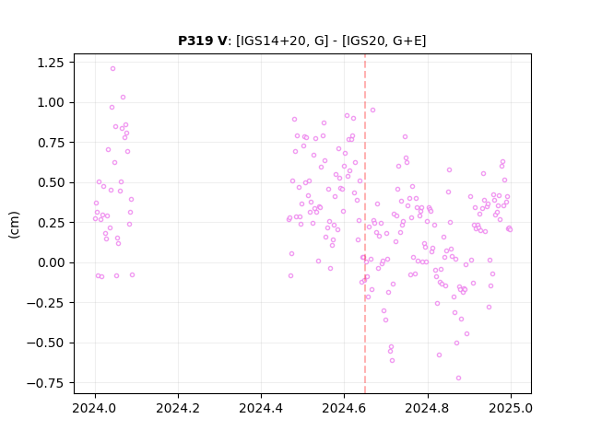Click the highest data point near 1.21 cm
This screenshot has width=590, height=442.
(x=112, y=69)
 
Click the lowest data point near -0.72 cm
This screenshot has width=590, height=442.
(x=458, y=378)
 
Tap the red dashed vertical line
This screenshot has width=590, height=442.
(x=365, y=224)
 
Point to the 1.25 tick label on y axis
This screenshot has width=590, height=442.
(x=51, y=63)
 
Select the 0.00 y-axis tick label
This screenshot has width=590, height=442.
(x=51, y=262)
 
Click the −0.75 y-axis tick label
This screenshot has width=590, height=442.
(x=45, y=383)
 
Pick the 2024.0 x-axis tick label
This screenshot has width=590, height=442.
(x=95, y=408)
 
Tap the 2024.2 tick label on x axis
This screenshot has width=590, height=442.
(x=178, y=408)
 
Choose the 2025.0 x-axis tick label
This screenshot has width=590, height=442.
(x=511, y=408)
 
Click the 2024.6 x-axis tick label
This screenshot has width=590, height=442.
(x=344, y=408)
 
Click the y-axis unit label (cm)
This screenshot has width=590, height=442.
(x=14, y=225)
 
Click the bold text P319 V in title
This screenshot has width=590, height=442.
(x=203, y=41)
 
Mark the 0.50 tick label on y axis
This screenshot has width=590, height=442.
(x=51, y=182)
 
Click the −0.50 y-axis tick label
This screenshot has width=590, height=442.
(x=45, y=343)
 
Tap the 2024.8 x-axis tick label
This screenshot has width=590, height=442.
(x=427, y=408)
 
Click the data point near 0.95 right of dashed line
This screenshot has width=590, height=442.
(x=372, y=110)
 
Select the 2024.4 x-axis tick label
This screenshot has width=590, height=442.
(x=261, y=408)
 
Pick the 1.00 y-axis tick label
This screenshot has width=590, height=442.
(x=51, y=102)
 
